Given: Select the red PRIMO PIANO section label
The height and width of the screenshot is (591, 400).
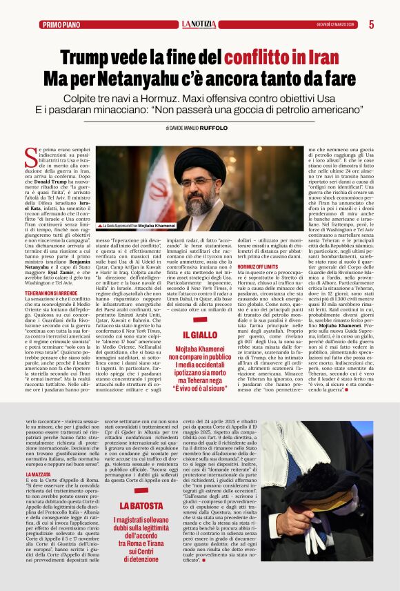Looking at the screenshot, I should (61, 25).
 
